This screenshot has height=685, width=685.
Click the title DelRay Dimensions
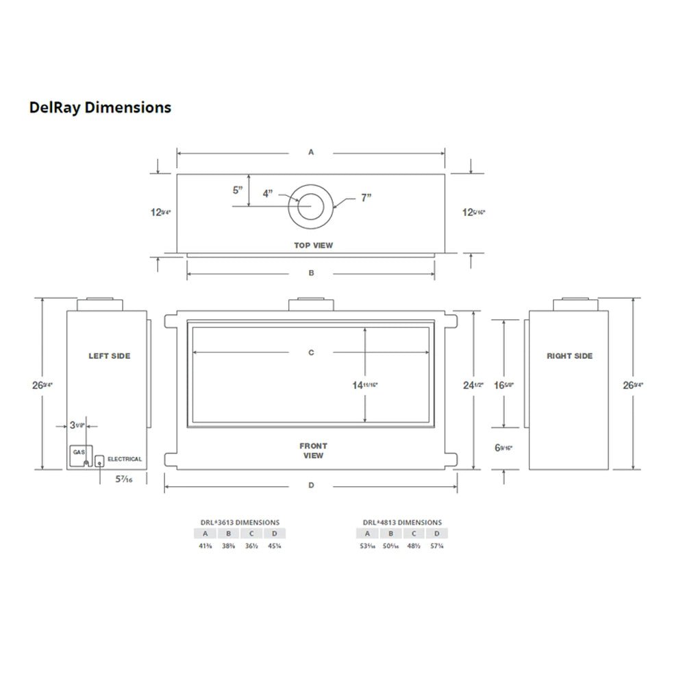click(x=100, y=108)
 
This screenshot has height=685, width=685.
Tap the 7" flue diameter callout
click(x=366, y=198)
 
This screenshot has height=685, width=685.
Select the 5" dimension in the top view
click(x=238, y=190)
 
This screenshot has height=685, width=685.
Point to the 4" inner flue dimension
click(x=268, y=194)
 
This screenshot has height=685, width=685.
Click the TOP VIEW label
click(x=313, y=245)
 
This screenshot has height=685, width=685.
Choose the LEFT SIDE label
click(x=109, y=356)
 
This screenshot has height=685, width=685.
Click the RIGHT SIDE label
click(x=569, y=356)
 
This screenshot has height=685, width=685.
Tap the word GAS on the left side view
click(x=79, y=453)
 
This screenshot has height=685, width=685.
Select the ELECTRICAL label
click(x=125, y=460)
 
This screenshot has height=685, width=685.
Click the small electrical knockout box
click(x=99, y=461)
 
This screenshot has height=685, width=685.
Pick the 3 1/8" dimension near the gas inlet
click(x=77, y=425)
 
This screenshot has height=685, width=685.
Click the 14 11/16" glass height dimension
click(x=364, y=385)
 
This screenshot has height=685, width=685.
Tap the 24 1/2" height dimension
click(x=473, y=385)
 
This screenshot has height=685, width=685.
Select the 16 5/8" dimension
click(x=503, y=385)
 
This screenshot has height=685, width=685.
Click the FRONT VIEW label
click(x=313, y=451)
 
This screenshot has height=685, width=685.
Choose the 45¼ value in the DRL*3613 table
click(x=274, y=546)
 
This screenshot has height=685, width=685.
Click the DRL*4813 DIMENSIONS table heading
click(x=402, y=522)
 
